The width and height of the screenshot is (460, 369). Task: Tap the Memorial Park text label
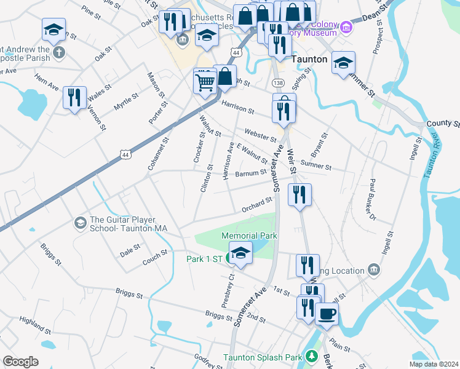pyautogui.click(x=250, y=236)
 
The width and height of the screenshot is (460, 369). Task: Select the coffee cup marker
pyautogui.click(x=327, y=314)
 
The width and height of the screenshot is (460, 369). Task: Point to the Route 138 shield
pyautogui.click(x=279, y=82)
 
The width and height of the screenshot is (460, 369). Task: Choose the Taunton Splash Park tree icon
pyautogui.click(x=312, y=357)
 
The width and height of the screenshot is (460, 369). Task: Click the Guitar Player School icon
pyautogui.click(x=80, y=221)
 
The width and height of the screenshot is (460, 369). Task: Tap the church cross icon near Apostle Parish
pyautogui.click(x=59, y=52)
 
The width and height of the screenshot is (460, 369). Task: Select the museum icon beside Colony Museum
pyautogui.click(x=346, y=27)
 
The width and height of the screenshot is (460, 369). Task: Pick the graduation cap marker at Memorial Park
pyautogui.click(x=240, y=253)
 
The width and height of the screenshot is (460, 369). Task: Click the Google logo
pyautogui.click(x=20, y=362)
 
